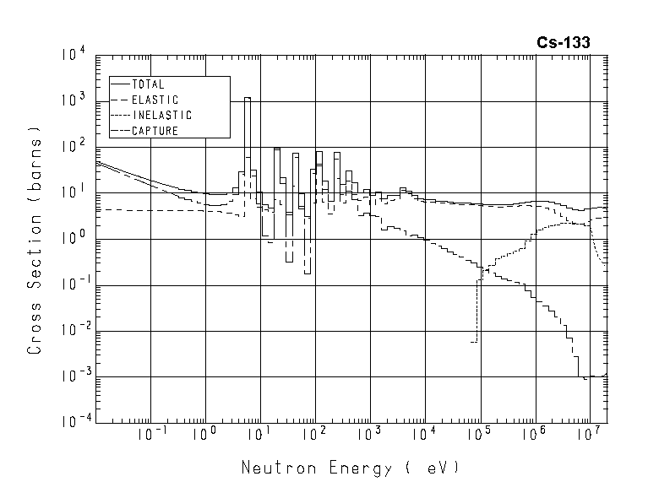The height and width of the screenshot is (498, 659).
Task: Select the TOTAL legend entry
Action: click(x=148, y=84)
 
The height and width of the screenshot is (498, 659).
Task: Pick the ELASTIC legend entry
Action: click(x=155, y=100)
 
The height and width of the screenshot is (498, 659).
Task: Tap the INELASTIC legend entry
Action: click(x=162, y=115)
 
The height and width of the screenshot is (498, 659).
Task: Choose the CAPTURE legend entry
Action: click(x=155, y=130)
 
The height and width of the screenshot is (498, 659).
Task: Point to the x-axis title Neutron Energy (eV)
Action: click(x=351, y=467)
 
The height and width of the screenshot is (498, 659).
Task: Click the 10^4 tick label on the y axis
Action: click(x=73, y=57)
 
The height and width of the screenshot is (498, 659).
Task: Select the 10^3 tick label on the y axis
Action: click(x=73, y=102)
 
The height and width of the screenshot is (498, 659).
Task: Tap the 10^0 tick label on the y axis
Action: click(x=73, y=239)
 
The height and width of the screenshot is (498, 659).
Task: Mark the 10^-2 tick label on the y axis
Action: click(x=71, y=330)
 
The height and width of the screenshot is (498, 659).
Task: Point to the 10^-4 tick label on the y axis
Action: click(x=71, y=421)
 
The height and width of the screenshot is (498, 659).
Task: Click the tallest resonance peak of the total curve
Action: click(x=247, y=98)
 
